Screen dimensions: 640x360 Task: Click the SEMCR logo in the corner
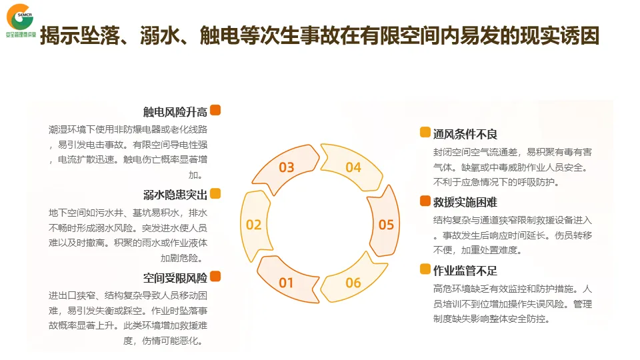[x=20, y=20]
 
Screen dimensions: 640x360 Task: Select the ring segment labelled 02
[x=254, y=224]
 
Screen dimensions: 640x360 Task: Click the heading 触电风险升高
[x=175, y=111]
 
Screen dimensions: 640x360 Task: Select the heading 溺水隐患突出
[x=175, y=195]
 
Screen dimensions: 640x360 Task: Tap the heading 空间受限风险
[x=175, y=277]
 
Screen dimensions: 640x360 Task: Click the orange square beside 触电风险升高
[x=215, y=111]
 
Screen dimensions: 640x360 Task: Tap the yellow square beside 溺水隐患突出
[x=215, y=194]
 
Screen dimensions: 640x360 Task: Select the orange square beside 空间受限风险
[x=215, y=277]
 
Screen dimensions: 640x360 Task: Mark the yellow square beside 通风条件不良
[x=425, y=133]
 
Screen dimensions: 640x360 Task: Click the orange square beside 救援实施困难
[x=425, y=201]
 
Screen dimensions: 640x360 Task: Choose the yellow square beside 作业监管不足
[x=425, y=270]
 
